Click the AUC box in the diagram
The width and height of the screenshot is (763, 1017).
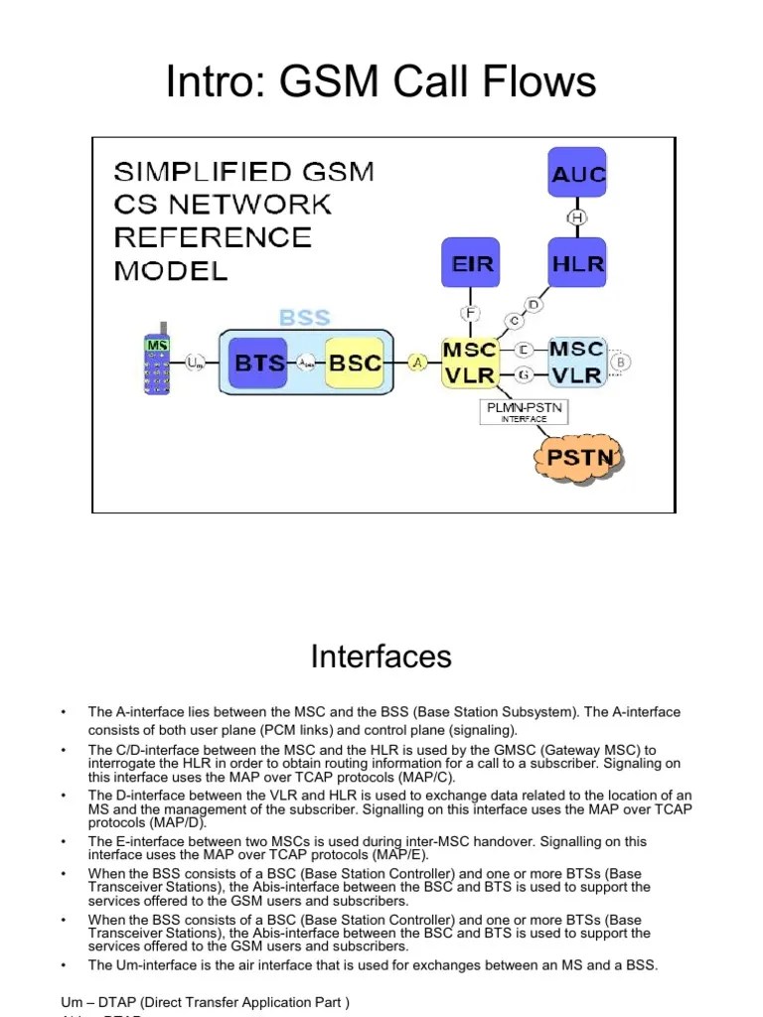tap(578, 176)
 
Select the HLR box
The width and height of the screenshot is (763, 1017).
tap(577, 265)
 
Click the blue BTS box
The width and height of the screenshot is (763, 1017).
tap(258, 363)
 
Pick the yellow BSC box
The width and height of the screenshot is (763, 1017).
tap(354, 363)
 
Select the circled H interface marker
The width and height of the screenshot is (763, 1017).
tap(577, 218)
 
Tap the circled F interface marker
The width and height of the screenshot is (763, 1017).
tap(470, 313)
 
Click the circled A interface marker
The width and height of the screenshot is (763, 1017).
tap(418, 363)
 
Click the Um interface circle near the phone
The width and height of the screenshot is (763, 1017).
tap(195, 363)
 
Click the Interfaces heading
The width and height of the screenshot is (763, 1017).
tap(381, 656)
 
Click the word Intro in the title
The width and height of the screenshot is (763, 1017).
tap(210, 81)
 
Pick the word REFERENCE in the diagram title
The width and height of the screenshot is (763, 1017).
tap(213, 237)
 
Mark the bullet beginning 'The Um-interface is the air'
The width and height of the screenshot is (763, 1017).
tap(373, 965)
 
